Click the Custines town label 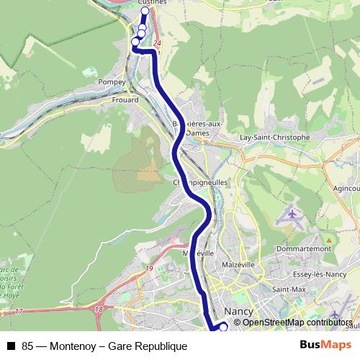[150, 3]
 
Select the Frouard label [125, 100]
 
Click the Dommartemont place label [303, 248]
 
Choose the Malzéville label [238, 264]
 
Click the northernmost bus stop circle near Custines [145, 11]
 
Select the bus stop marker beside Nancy [223, 327]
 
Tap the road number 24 [158, 45]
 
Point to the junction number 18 [99, 309]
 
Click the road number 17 [18, 310]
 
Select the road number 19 [150, 269]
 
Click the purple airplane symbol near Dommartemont [291, 214]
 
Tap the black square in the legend [11, 346]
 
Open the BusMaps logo [326, 346]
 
